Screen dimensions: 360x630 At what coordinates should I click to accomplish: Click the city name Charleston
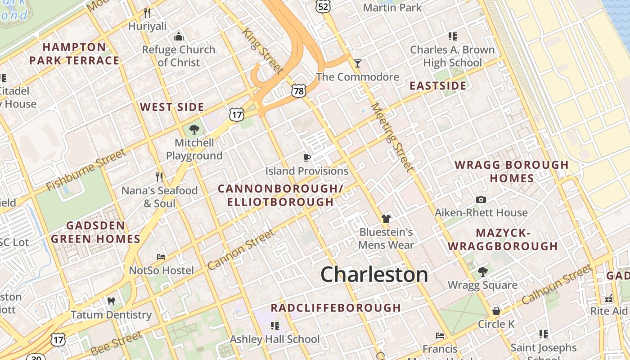(x=374, y=274)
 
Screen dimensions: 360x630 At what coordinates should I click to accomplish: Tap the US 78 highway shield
(x=299, y=91)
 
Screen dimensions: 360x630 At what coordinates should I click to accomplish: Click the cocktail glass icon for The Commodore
(x=357, y=63)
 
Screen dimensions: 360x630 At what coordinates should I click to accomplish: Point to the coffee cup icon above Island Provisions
(x=306, y=157)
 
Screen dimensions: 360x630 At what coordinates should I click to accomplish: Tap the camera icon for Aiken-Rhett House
(x=481, y=199)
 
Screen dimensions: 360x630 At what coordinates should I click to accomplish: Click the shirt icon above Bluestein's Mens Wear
(x=386, y=219)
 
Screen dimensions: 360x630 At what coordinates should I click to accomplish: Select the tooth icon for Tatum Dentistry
(x=111, y=301)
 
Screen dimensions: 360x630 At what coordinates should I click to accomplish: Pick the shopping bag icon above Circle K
(x=496, y=311)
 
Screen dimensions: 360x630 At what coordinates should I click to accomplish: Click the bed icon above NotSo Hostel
(x=161, y=257)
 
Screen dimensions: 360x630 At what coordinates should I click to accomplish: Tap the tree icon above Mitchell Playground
(x=194, y=130)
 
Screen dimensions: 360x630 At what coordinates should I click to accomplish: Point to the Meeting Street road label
(x=391, y=137)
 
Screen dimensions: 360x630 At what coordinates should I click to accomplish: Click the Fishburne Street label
(x=86, y=170)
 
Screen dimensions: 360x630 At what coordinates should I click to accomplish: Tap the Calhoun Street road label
(x=557, y=284)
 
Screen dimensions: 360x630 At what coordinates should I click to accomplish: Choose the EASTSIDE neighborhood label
(x=437, y=86)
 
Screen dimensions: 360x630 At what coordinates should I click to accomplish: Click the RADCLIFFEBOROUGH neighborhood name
(x=335, y=308)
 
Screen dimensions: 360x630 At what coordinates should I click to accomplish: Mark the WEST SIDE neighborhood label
(x=172, y=107)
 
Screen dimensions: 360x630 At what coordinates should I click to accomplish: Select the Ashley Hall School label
(x=274, y=339)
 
